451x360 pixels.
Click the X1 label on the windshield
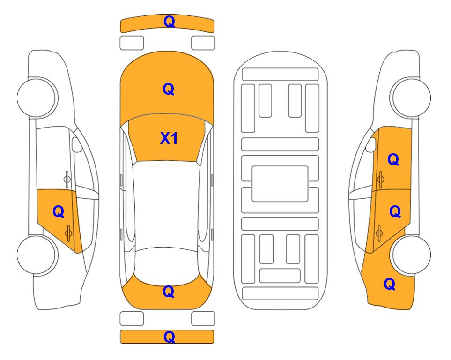[169, 138]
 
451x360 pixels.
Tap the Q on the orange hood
[169, 89]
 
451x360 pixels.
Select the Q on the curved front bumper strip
[169, 22]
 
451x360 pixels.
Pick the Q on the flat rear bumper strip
[169, 337]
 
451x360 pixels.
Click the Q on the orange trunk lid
[169, 292]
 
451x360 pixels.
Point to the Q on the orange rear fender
[390, 284]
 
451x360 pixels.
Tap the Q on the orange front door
[393, 159]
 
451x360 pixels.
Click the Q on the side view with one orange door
[59, 212]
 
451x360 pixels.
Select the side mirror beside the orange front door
[370, 144]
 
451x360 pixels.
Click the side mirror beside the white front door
[77, 144]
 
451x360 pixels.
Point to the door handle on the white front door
[67, 179]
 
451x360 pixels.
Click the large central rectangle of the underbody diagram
[280, 184]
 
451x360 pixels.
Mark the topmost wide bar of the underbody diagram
[280, 75]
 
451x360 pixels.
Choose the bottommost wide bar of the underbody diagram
[281, 293]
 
